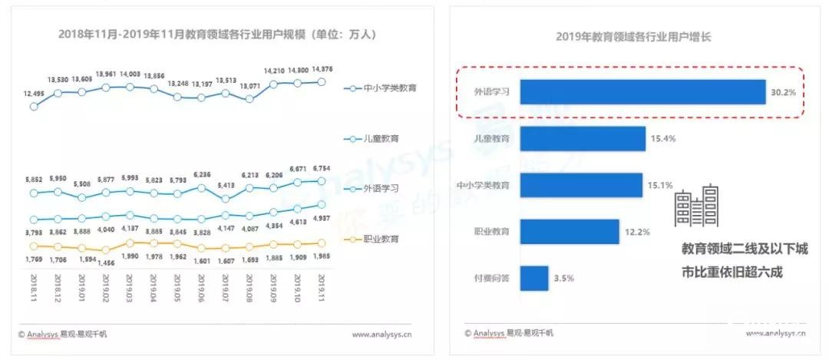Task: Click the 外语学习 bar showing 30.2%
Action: pyautogui.click(x=643, y=93)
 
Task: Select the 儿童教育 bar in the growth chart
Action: pyautogui.click(x=583, y=139)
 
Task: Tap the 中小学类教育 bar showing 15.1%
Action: pyautogui.click(x=581, y=185)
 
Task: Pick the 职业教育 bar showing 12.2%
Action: pyautogui.click(x=570, y=231)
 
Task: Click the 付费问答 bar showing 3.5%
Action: pyautogui.click(x=535, y=277)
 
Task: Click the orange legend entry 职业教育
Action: pyautogui.click(x=376, y=239)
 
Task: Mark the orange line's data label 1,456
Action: pyautogui.click(x=106, y=263)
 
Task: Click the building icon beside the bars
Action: pyautogui.click(x=696, y=206)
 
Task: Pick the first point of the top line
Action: pyautogui.click(x=34, y=107)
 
